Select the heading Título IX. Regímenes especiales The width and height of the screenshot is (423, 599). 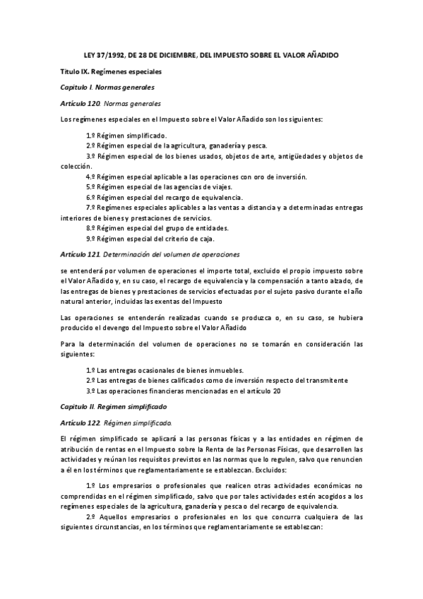[112, 71]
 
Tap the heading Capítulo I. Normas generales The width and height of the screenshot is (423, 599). [107, 88]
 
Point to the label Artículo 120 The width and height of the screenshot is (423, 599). [79, 104]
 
